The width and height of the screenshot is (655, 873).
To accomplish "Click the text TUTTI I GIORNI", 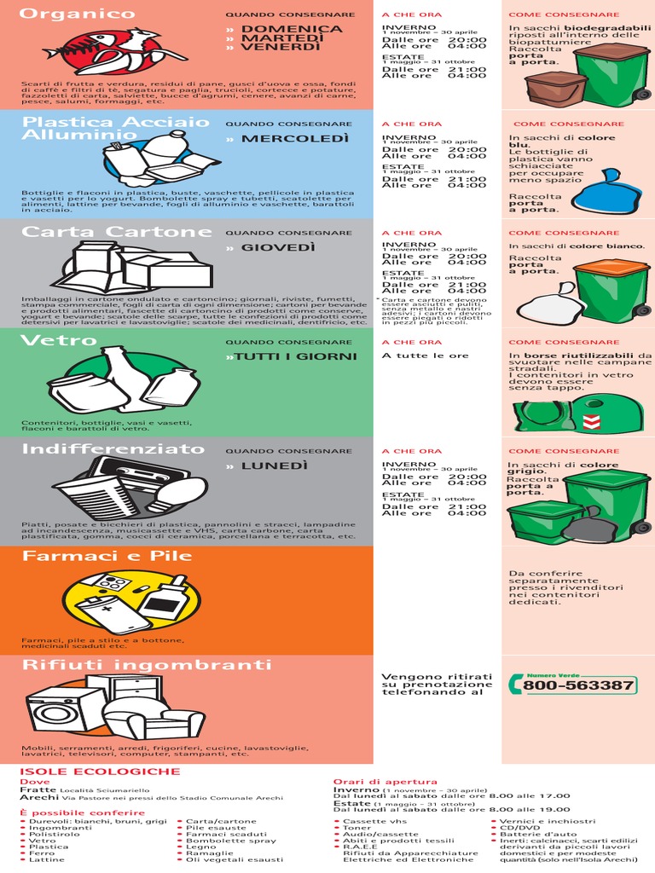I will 295,356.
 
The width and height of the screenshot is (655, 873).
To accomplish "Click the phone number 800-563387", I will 578,685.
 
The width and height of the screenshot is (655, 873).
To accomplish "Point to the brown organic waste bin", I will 555,88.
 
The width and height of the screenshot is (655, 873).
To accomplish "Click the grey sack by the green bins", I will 590,526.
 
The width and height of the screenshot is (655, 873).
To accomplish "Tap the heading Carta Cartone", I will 105,232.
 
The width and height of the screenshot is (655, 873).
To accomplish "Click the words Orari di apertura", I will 385,781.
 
